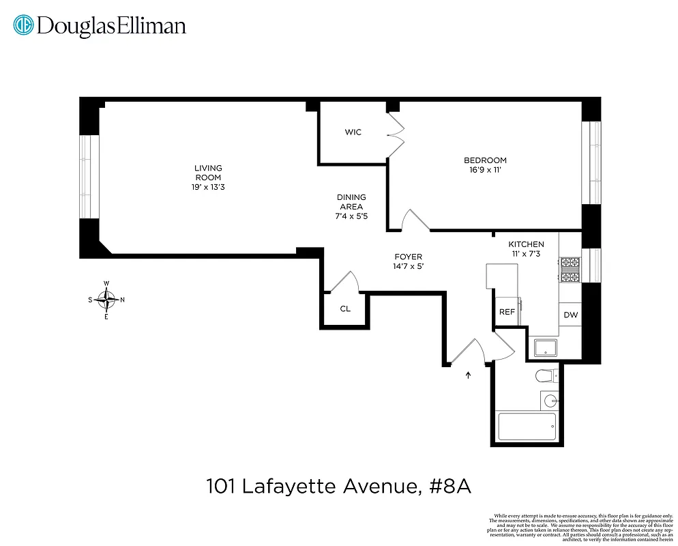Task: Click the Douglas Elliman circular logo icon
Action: [x=24, y=26]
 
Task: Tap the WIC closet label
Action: [x=353, y=132]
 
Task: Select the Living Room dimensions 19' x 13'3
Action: [x=208, y=187]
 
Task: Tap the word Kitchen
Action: [x=526, y=244]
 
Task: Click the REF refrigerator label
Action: [x=507, y=311]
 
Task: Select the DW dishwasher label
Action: [x=570, y=315]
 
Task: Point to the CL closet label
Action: [x=345, y=308]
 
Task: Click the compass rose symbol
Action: [x=106, y=300]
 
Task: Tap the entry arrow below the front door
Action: [x=468, y=374]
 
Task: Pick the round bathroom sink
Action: [x=550, y=399]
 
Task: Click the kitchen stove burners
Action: [x=570, y=269]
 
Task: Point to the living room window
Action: [x=86, y=176]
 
